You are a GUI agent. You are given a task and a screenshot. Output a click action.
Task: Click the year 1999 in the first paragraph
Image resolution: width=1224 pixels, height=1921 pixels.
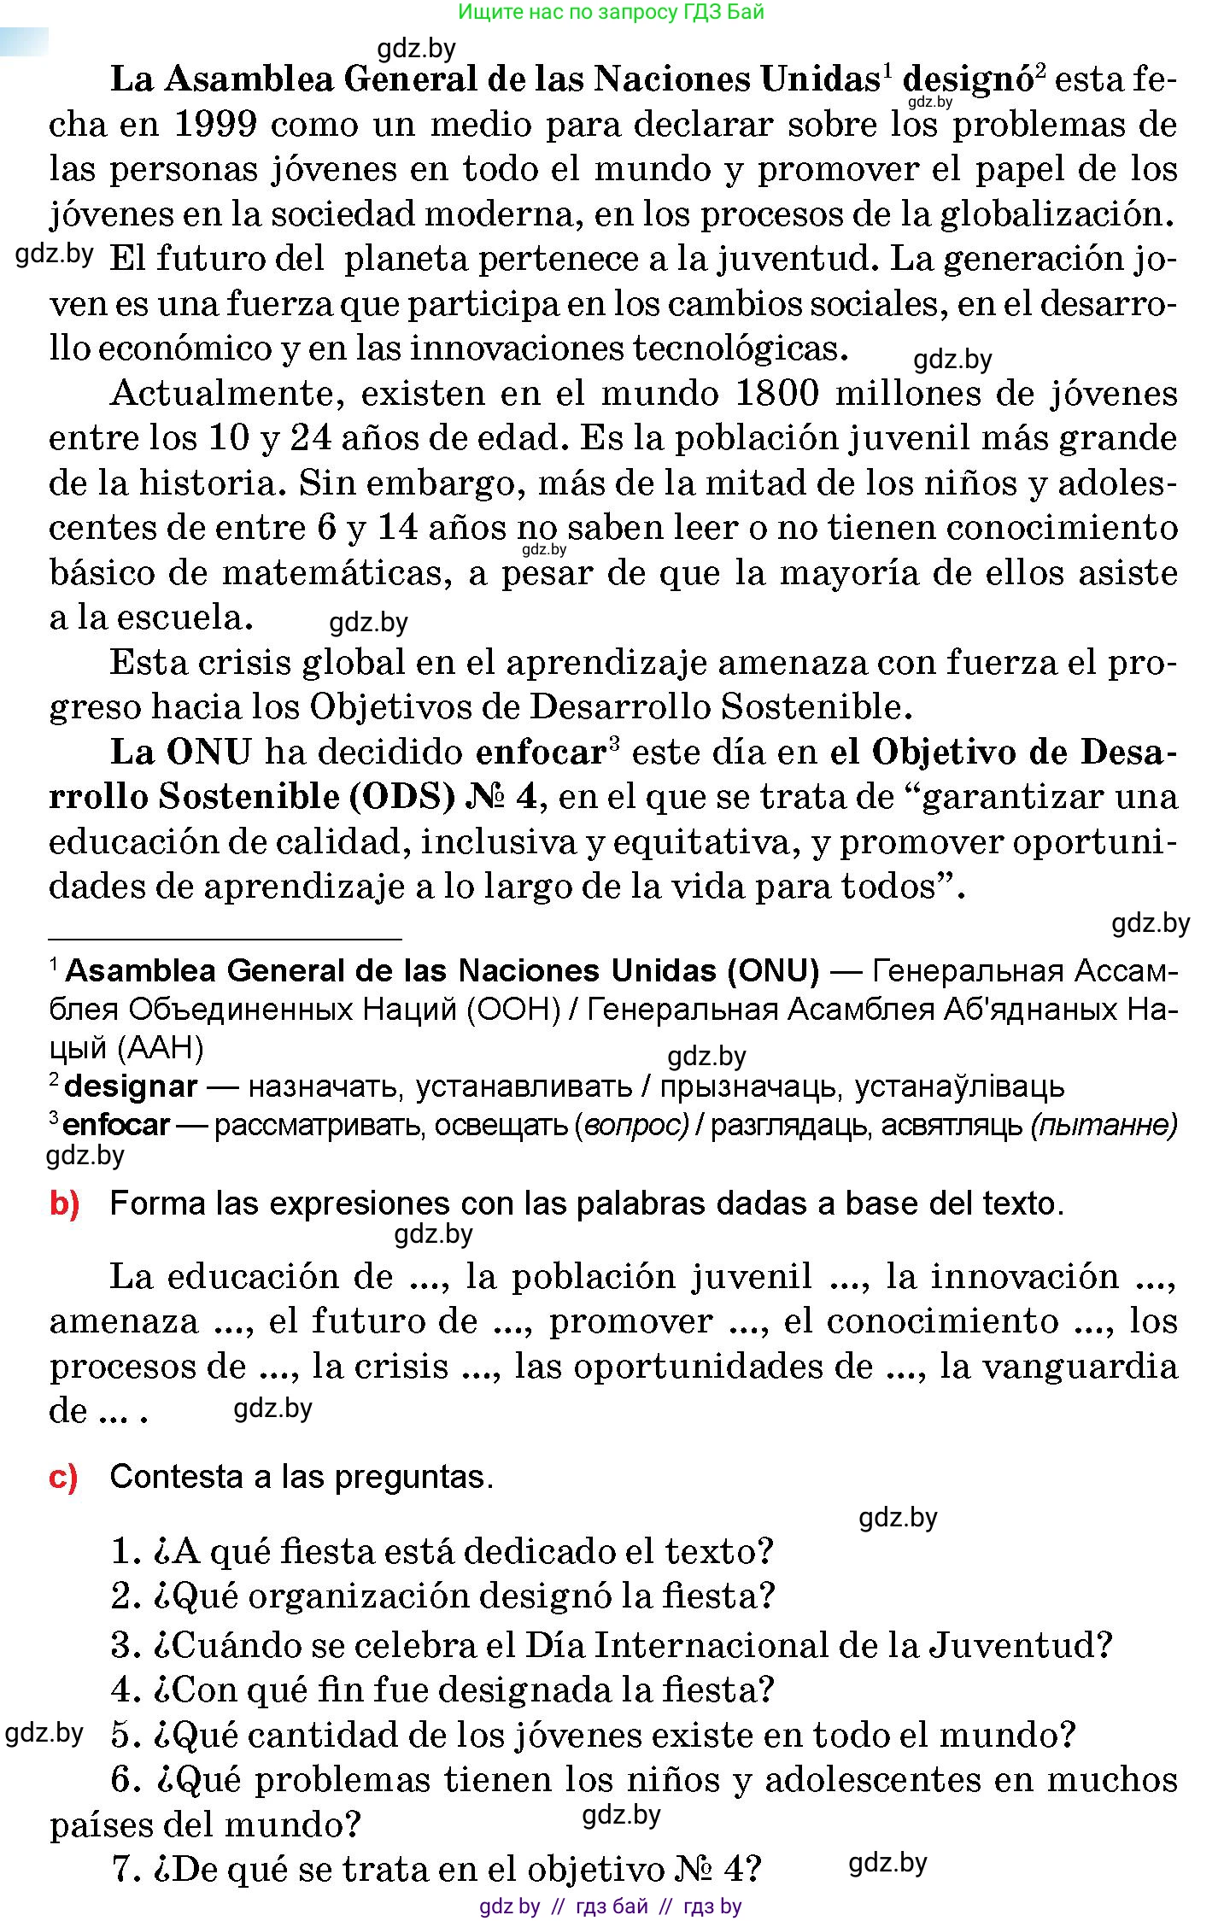pos(214,125)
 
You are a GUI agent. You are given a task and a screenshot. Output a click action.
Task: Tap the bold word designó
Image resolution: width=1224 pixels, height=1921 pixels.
pos(967,80)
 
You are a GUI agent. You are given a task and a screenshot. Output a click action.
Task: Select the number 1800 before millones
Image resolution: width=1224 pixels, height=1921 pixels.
pos(776,394)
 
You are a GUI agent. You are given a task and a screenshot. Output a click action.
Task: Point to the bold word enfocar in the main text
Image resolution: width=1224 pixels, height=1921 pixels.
pos(540,752)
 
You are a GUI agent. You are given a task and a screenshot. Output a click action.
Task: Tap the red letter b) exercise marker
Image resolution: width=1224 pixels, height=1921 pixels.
pos(64,1204)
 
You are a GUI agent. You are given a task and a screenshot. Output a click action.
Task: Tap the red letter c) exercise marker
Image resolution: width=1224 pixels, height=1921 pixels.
pos(63,1477)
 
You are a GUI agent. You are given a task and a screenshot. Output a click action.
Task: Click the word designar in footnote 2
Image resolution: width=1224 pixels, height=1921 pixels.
pos(131,1086)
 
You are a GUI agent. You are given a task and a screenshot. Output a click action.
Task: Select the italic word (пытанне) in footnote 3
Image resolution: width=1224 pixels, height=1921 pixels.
pos(1104,1126)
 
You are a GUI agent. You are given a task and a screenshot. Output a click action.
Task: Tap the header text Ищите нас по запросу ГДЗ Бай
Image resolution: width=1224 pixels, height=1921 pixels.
pos(611,12)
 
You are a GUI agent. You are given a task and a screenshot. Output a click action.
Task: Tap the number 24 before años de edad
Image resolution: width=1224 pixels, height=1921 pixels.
pos(312,439)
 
